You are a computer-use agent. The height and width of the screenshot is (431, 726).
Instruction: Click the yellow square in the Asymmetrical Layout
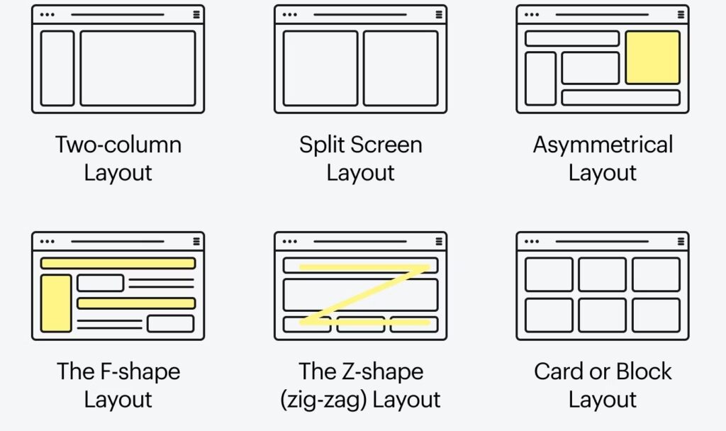[x=653, y=57]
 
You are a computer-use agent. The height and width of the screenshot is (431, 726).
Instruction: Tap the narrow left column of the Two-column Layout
[x=57, y=69]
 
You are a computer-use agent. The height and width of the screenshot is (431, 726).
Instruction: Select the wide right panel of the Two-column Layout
[x=138, y=69]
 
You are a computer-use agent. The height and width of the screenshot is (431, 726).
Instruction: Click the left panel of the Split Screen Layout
[x=320, y=69]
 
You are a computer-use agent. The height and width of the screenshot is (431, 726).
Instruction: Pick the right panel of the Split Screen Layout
[x=401, y=69]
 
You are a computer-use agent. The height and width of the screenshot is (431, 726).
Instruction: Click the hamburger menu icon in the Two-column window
[x=196, y=14]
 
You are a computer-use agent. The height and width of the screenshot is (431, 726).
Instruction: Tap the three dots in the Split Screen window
[x=290, y=14]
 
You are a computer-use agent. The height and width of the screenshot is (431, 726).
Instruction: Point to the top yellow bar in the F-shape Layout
[x=118, y=264]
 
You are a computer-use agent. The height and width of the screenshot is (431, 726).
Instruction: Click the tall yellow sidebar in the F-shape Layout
[x=56, y=303]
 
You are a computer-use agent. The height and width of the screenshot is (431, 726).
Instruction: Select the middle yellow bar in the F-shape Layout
[x=136, y=303]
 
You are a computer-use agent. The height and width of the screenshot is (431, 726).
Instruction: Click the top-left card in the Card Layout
[x=549, y=274]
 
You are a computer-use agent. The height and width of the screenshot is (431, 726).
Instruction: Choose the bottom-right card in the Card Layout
[x=656, y=315]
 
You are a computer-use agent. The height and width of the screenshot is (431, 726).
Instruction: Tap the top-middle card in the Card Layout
[x=603, y=274]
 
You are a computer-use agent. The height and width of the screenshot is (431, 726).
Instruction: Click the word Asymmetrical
[x=603, y=145]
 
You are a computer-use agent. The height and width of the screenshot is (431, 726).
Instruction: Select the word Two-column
[x=118, y=145]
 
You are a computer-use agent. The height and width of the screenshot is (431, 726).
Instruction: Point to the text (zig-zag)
[x=323, y=400]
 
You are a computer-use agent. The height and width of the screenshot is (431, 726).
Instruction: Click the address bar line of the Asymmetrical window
[x=602, y=14]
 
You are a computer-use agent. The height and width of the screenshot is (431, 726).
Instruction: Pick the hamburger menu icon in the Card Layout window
[x=681, y=241]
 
